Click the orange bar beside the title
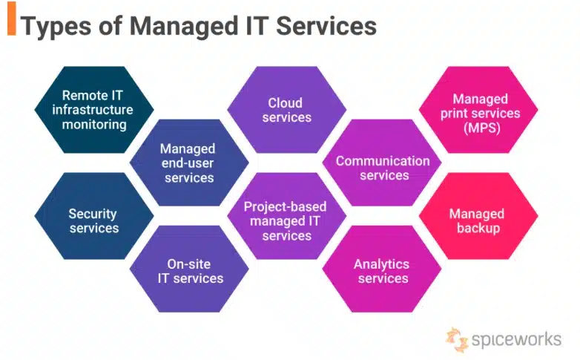coord(11,23)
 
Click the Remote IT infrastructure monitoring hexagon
coord(94,110)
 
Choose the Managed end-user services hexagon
coord(188,163)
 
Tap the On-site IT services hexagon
coord(188,270)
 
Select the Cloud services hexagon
coord(286,110)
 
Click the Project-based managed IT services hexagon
coord(286,220)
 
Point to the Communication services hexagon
coord(383,168)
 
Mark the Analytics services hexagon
coord(383,270)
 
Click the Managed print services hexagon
coord(479,110)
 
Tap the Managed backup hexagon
coord(479,220)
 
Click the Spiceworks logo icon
coord(457,338)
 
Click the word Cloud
coord(286,102)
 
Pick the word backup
coord(478,229)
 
